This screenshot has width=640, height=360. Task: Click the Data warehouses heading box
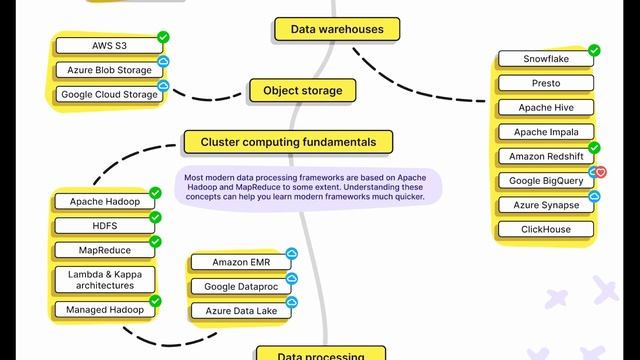pos(337,30)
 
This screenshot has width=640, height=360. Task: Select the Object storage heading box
pos(302,91)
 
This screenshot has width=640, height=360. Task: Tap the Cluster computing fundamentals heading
pos(288,142)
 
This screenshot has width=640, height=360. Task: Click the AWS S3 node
pos(109,46)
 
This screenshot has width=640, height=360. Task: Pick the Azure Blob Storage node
pos(109,71)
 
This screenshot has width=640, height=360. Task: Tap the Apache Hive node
pos(545,108)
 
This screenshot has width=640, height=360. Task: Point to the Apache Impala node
pos(545,132)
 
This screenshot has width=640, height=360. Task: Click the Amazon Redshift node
pos(545,157)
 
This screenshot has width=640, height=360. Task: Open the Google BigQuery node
pos(545,181)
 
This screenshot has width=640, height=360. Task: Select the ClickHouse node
pos(545,230)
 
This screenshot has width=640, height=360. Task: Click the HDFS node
pos(105,226)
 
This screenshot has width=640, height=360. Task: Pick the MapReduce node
pos(105,250)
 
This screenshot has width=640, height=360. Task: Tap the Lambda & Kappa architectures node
pos(105,280)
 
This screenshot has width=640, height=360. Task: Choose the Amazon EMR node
pos(240,263)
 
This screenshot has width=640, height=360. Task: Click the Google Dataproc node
pos(240,287)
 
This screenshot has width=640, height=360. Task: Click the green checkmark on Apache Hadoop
pos(155,192)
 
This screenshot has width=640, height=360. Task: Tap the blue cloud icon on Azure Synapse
pos(593,196)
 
